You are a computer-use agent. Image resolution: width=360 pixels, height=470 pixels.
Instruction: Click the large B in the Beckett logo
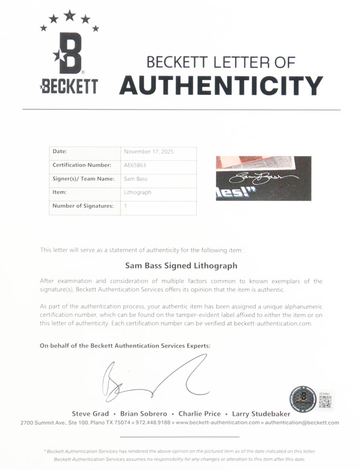click(69, 53)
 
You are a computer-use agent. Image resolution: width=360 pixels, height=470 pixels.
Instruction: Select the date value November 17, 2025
click(149, 151)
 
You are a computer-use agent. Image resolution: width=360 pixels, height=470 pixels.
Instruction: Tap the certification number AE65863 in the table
click(135, 165)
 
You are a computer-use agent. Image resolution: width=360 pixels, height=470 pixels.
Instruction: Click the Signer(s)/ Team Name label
click(83, 179)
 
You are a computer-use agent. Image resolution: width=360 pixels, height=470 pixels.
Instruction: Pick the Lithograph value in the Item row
click(138, 192)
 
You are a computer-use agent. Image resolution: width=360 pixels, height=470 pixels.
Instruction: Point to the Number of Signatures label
click(83, 206)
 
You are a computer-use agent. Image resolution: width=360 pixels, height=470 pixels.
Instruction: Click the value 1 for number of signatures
click(125, 206)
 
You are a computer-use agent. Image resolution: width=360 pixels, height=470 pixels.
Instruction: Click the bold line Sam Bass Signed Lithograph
click(181, 266)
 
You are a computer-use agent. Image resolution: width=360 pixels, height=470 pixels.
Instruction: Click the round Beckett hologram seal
click(303, 398)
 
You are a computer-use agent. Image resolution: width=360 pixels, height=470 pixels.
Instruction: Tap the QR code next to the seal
click(325, 401)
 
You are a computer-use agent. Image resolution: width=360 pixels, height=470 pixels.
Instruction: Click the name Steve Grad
click(90, 414)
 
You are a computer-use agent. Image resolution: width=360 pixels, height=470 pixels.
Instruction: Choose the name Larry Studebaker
click(261, 414)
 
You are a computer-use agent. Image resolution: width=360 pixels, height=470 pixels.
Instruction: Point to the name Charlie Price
click(199, 414)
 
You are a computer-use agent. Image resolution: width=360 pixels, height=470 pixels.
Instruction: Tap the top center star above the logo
click(69, 15)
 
